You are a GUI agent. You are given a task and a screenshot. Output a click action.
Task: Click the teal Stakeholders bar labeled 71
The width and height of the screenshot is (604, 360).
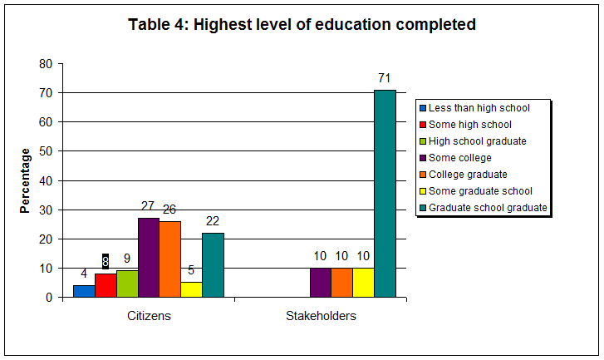point(385,193)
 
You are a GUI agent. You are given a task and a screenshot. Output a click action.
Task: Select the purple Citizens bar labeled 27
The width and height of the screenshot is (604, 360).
point(149,257)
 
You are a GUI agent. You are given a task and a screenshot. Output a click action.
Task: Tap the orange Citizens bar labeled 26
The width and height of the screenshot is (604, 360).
point(169,259)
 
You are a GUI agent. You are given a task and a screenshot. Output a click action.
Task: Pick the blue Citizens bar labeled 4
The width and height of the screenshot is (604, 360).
point(84,291)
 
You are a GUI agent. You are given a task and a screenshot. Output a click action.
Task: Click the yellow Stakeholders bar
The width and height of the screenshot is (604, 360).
point(363,282)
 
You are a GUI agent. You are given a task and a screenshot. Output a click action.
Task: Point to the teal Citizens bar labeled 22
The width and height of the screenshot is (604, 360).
point(213,264)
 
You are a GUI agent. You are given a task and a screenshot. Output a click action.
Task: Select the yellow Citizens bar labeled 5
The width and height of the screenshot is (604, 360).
point(191,289)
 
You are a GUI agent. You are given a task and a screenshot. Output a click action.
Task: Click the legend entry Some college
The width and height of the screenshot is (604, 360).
point(459,158)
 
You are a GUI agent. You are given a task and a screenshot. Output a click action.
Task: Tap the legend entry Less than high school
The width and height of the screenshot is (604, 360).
point(479,108)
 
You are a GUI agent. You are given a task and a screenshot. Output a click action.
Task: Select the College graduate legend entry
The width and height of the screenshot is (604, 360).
point(467,175)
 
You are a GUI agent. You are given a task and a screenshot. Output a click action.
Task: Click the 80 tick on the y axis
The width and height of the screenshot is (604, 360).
point(46,64)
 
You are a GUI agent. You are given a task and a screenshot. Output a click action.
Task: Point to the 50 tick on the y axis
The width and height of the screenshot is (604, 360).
point(46,151)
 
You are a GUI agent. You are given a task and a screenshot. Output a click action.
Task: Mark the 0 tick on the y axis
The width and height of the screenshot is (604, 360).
point(49,297)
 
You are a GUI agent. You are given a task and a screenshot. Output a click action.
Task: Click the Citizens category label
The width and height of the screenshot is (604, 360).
point(149,316)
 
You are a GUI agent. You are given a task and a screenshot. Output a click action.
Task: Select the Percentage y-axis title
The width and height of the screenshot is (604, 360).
point(26,180)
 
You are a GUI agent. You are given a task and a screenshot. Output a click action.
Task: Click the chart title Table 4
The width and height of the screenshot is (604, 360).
point(302,25)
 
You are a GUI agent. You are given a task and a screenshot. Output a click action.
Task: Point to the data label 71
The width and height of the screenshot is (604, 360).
point(384,78)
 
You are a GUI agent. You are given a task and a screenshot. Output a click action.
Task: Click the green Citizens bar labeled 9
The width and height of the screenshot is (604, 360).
point(127,284)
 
